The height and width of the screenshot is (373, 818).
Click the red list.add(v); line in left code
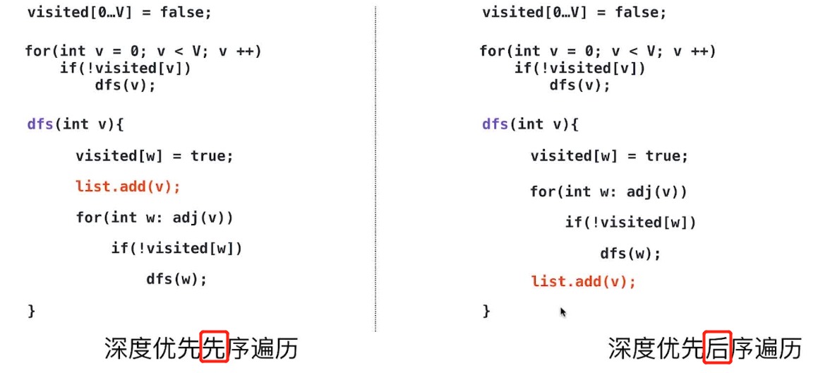pyautogui.click(x=128, y=186)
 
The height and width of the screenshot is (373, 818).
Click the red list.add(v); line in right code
pyautogui.click(x=583, y=282)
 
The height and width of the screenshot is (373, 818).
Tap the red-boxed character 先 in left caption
pyautogui.click(x=214, y=348)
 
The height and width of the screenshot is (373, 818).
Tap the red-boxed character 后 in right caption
pyautogui.click(x=717, y=348)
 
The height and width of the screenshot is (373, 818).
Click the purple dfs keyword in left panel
pyautogui.click(x=40, y=124)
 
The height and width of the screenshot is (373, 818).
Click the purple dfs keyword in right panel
pyautogui.click(x=495, y=124)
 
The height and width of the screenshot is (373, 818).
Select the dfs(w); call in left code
pyautogui.click(x=176, y=279)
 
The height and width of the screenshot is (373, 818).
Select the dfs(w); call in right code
pyautogui.click(x=630, y=254)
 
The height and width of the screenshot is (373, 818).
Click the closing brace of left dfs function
pyautogui.click(x=31, y=310)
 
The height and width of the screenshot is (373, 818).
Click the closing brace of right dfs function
pyautogui.click(x=486, y=310)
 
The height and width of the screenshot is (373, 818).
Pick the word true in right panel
pyautogui.click(x=663, y=156)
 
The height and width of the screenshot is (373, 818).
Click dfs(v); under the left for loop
pyautogui.click(x=124, y=85)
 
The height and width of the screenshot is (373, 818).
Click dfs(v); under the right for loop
pyautogui.click(x=579, y=85)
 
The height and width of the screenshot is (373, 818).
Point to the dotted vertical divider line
pyautogui.click(x=375, y=170)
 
